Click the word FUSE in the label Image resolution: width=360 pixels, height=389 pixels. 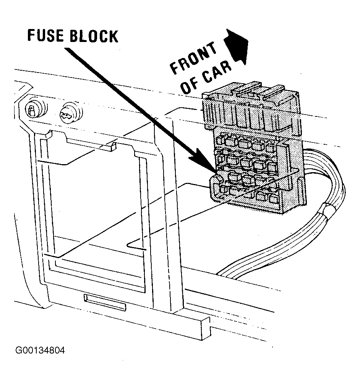tap(45, 35)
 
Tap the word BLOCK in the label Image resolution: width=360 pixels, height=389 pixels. tap(94, 36)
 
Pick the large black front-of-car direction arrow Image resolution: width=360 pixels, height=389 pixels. tap(237, 47)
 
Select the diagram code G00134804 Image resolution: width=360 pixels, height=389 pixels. tap(40, 350)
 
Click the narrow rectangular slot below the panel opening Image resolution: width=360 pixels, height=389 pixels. tap(105, 302)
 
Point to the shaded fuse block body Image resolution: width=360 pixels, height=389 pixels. tap(253, 149)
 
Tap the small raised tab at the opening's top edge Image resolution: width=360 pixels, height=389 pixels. tap(111, 146)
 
